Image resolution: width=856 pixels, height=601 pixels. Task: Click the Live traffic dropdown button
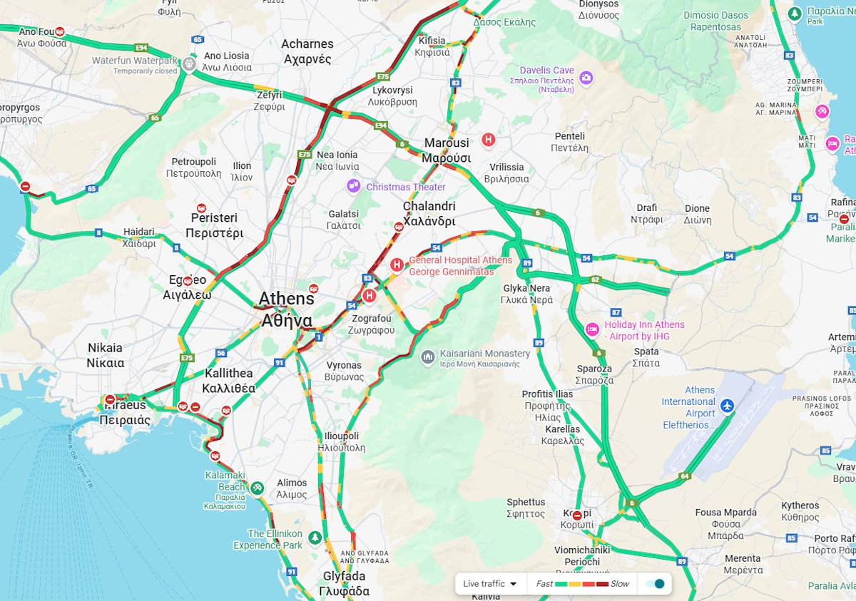(x=490, y=584)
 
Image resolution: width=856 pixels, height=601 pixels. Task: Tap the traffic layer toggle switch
(x=655, y=584)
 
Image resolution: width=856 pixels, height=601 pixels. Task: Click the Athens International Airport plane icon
(x=727, y=406)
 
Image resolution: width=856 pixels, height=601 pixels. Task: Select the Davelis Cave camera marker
(x=586, y=77)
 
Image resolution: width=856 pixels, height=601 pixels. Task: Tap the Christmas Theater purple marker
(x=353, y=186)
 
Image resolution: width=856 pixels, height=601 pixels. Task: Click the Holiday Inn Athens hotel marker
(x=591, y=329)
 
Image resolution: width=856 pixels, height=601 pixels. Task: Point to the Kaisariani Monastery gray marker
(x=428, y=355)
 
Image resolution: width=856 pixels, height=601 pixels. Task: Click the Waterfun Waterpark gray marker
(x=189, y=64)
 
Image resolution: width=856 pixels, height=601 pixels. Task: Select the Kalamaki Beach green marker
(x=257, y=488)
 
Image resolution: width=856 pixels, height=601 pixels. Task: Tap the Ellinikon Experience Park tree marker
(x=315, y=538)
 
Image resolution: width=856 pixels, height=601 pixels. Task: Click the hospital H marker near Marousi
(x=489, y=140)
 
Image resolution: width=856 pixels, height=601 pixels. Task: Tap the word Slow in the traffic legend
(x=620, y=584)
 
